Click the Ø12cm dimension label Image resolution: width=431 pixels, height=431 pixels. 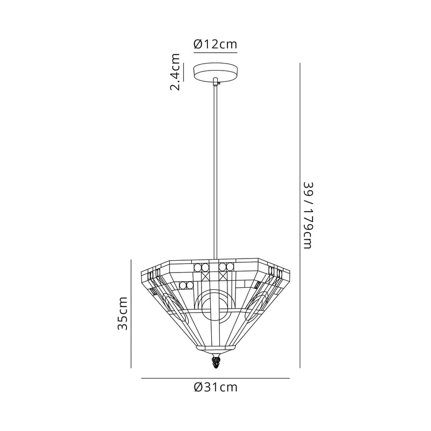click(x=215, y=44)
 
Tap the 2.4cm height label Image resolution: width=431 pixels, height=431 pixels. click(x=175, y=72)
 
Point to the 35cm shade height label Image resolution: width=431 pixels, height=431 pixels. click(x=123, y=313)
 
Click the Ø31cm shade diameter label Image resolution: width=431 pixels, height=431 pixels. click(x=215, y=387)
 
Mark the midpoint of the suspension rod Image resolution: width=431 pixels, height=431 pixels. click(x=215, y=172)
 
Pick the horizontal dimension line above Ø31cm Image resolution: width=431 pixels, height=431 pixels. click(x=215, y=378)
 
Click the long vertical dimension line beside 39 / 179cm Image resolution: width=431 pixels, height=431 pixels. click(x=299, y=215)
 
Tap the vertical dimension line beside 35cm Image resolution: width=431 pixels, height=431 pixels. click(x=131, y=314)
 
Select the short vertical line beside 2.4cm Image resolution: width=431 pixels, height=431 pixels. click(x=183, y=72)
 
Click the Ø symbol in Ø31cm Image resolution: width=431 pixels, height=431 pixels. click(x=197, y=387)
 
